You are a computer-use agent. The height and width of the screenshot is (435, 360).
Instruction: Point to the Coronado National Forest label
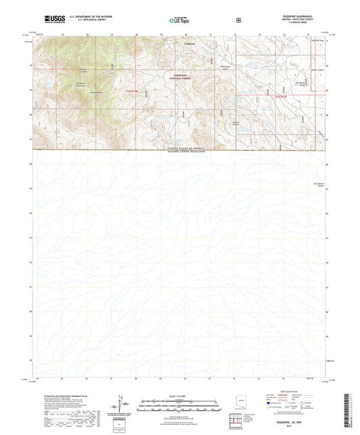[173, 76]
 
